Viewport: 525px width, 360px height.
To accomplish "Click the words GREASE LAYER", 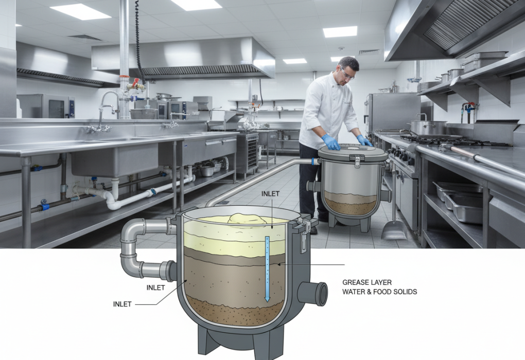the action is (367, 282).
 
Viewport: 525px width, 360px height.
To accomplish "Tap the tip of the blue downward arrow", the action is (267, 301).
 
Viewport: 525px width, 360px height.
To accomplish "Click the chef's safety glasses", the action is (346, 74).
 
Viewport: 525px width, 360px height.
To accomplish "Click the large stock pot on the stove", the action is (429, 128).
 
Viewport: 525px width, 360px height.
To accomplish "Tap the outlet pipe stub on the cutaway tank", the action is (313, 294).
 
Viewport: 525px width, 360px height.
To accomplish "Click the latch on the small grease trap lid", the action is (357, 162).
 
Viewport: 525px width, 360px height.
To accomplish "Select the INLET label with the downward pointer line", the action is (270, 194).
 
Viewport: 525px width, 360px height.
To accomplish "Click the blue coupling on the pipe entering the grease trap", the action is (313, 161).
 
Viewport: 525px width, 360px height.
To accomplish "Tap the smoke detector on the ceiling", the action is (341, 48).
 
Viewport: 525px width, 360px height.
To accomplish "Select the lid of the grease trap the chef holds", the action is (352, 152).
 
